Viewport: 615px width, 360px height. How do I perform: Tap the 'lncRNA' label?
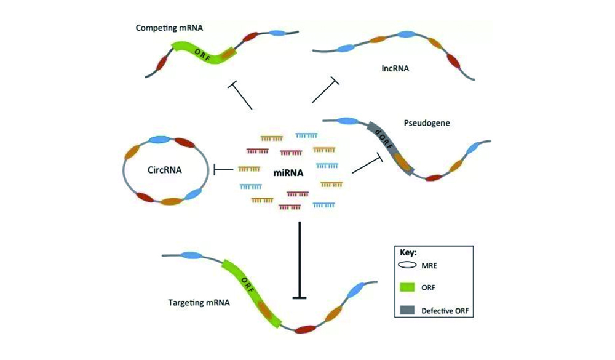[396, 70]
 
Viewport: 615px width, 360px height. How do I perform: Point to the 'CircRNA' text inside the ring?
[157, 169]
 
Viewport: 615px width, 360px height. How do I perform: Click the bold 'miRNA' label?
[288, 173]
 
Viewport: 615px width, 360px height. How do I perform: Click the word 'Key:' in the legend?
[408, 253]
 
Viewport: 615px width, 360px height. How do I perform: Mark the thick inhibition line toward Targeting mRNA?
[300, 258]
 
